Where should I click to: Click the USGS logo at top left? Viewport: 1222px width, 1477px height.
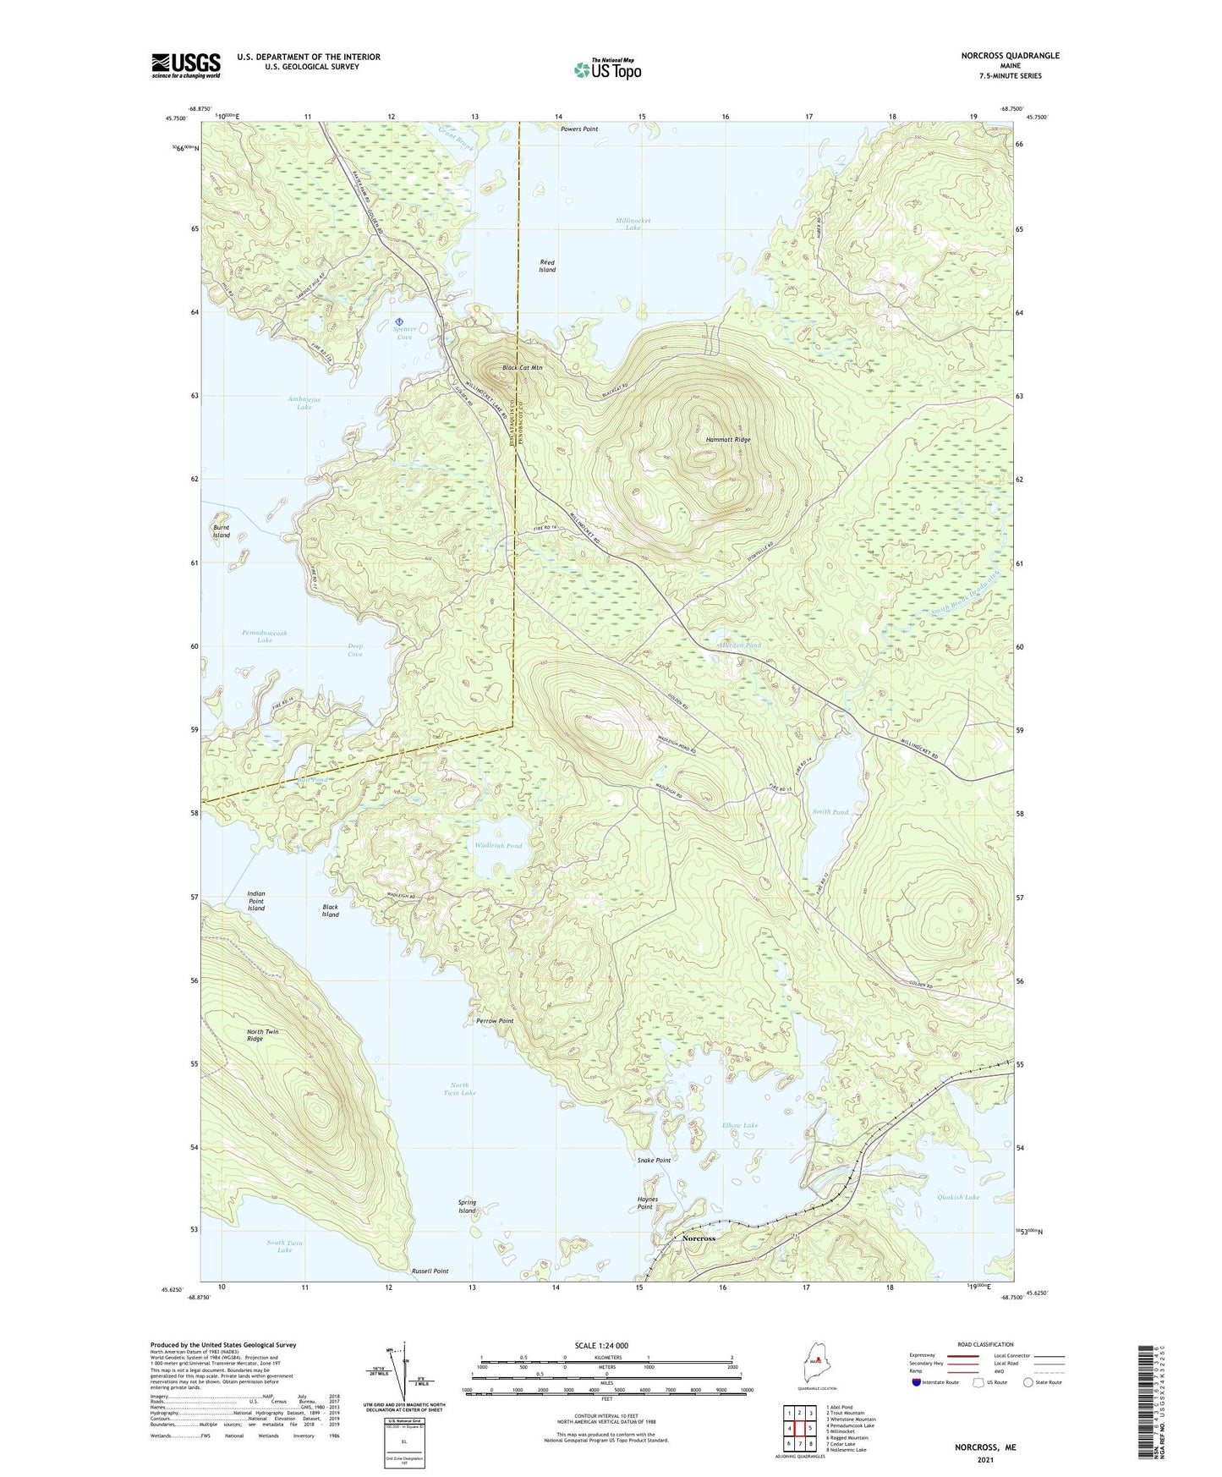186,65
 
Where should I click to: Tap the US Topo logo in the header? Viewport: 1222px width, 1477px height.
606,69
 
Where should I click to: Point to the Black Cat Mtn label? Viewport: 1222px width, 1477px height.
522,368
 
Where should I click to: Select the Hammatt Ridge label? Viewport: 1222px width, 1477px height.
728,440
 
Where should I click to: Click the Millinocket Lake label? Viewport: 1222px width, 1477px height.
633,224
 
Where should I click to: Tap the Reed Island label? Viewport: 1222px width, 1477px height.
548,266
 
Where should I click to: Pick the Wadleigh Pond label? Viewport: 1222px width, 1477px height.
498,845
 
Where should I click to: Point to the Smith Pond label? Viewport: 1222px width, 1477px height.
830,812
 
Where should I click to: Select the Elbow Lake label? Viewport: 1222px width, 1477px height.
740,1125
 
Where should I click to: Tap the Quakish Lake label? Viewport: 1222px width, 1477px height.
958,1197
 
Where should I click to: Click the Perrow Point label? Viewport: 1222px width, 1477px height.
495,1021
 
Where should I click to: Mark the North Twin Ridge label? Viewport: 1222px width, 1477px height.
262,1035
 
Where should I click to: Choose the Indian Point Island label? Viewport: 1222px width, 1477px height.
256,901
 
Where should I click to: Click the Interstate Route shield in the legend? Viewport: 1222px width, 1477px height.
918,1382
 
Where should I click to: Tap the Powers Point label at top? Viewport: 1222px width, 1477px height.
579,129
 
